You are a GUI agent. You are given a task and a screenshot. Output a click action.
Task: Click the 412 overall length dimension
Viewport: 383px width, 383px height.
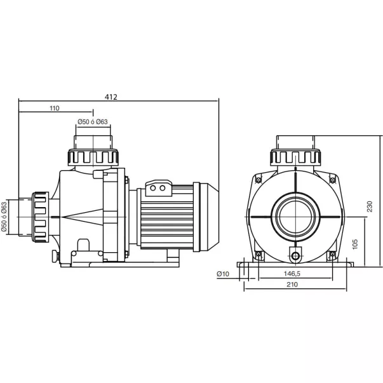click(x=111, y=97)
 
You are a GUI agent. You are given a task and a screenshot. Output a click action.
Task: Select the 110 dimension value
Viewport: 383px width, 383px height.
click(x=55, y=108)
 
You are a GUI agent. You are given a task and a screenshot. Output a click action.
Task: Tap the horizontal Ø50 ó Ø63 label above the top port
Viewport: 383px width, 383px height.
click(x=93, y=122)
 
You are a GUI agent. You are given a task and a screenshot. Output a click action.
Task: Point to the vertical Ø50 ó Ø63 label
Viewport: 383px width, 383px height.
click(x=4, y=217)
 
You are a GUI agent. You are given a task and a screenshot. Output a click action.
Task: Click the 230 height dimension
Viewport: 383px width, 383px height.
click(x=370, y=206)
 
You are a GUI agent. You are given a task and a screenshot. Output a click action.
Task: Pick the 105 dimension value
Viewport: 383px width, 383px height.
click(x=356, y=244)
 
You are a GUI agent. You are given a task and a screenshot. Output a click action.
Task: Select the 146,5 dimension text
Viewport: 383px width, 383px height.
click(x=292, y=274)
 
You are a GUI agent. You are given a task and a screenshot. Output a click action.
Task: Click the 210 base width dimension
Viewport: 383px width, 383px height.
click(x=292, y=285)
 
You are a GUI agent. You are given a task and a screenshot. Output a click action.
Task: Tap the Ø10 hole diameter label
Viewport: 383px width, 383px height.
click(x=223, y=274)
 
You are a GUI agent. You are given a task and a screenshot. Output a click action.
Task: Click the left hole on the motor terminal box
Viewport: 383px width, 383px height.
click(x=153, y=188)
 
